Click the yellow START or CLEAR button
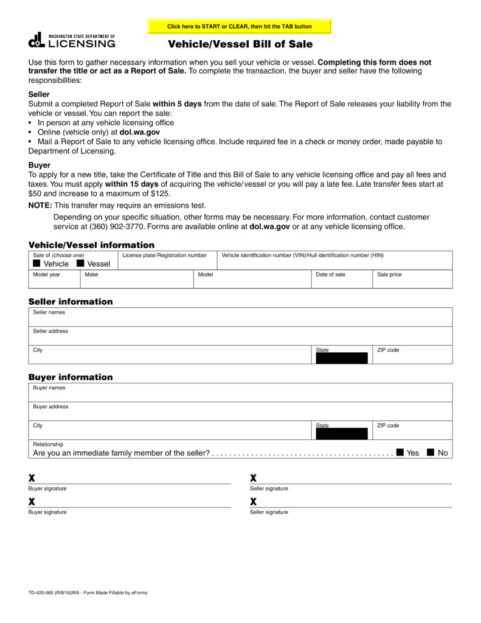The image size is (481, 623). (240, 27)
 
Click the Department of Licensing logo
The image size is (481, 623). (72, 40)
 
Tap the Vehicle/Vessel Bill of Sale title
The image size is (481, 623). (240, 44)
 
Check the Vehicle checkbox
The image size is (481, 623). (36, 263)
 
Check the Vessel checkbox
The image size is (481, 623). (80, 263)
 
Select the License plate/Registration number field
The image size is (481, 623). (167, 263)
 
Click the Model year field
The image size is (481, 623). (55, 282)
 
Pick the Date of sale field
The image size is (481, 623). (342, 282)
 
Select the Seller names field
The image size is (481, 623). (240, 319)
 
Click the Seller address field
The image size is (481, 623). (240, 338)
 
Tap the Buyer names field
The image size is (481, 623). (240, 394)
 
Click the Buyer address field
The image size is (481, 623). (240, 413)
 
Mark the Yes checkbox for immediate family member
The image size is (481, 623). (400, 453)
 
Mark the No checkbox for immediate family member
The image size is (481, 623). (431, 453)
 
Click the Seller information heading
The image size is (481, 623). (71, 302)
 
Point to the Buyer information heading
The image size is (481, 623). (71, 377)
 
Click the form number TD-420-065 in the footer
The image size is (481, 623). (44, 593)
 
